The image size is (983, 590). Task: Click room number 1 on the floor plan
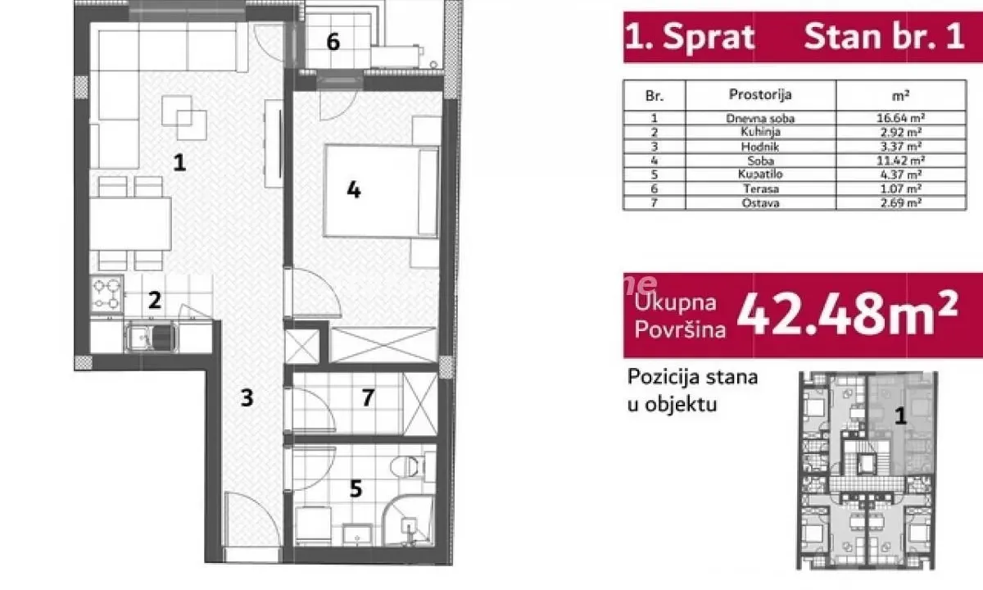click(179, 161)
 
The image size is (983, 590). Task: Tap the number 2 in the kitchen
click(154, 300)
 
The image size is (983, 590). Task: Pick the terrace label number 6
click(333, 42)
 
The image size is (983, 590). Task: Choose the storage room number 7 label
click(368, 398)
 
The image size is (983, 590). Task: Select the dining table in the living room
click(130, 224)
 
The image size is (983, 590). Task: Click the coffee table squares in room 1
click(186, 117)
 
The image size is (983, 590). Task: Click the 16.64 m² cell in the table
click(895, 118)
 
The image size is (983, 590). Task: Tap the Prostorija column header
click(760, 94)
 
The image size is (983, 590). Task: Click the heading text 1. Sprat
click(690, 38)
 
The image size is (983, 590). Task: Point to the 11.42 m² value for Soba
click(895, 160)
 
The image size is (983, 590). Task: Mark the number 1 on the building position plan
click(899, 416)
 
